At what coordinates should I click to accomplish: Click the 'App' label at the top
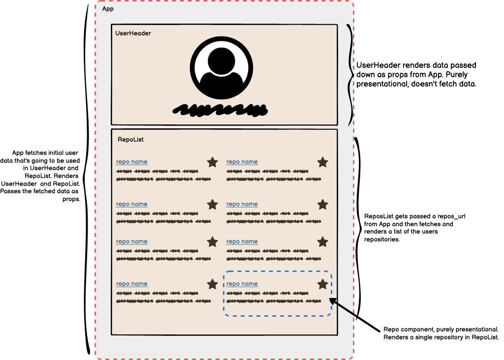point(108,9)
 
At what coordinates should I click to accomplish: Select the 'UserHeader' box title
point(133,33)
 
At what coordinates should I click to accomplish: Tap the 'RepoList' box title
point(130,140)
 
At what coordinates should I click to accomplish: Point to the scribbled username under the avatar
point(220,109)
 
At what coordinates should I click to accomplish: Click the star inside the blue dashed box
point(323,284)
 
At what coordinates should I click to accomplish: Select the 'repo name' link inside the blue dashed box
point(242,284)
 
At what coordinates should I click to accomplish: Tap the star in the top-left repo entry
point(212,162)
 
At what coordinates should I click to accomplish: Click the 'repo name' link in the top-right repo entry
point(242,162)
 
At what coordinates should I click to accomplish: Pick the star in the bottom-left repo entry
point(212,284)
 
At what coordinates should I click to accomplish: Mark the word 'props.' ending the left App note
point(72,199)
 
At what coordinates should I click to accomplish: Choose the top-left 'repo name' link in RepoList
point(131,162)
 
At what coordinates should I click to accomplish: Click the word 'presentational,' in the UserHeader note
point(382,84)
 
